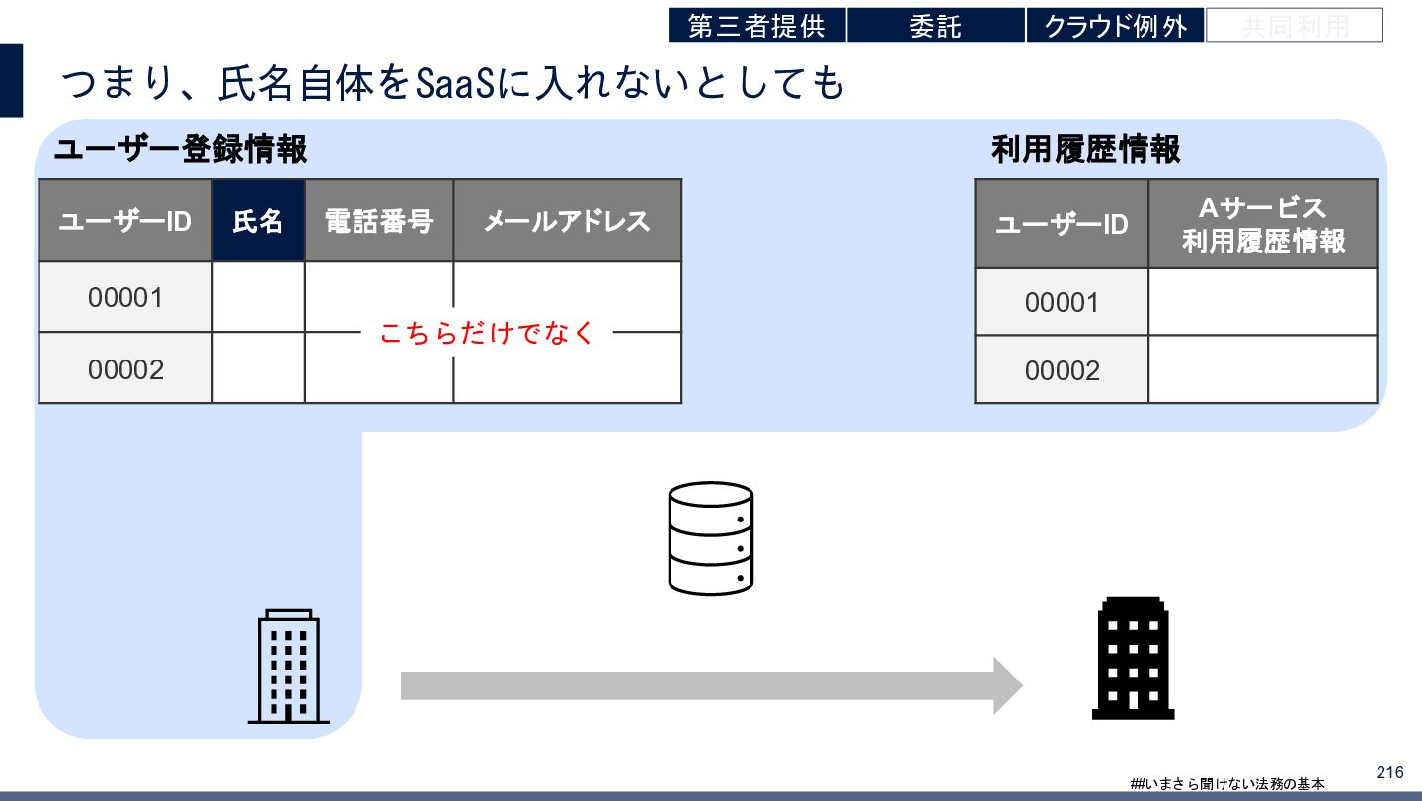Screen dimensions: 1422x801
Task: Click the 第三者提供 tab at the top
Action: click(x=756, y=26)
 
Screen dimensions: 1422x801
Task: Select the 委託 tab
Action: click(x=935, y=26)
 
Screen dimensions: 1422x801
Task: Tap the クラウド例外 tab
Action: click(x=1115, y=26)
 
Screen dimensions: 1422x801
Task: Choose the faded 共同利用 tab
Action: click(x=1294, y=26)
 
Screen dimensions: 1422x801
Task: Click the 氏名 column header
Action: click(x=258, y=220)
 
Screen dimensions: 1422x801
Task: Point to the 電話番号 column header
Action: click(x=379, y=220)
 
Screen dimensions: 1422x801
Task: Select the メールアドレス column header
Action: click(x=567, y=220)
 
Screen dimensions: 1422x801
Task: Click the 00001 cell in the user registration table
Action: click(x=125, y=296)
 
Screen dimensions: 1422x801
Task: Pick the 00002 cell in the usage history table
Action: click(x=1062, y=370)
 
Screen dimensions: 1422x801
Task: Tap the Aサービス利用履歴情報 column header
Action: click(x=1263, y=224)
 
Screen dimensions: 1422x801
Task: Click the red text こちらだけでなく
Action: click(x=487, y=333)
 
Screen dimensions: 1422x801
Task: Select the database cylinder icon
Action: click(x=710, y=537)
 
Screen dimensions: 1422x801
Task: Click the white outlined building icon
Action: click(x=288, y=667)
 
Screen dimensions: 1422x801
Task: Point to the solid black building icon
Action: click(x=1133, y=658)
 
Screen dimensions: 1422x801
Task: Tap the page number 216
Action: click(x=1388, y=772)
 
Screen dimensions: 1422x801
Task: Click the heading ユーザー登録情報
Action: click(x=181, y=150)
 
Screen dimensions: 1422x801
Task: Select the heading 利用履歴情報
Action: click(x=1085, y=150)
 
